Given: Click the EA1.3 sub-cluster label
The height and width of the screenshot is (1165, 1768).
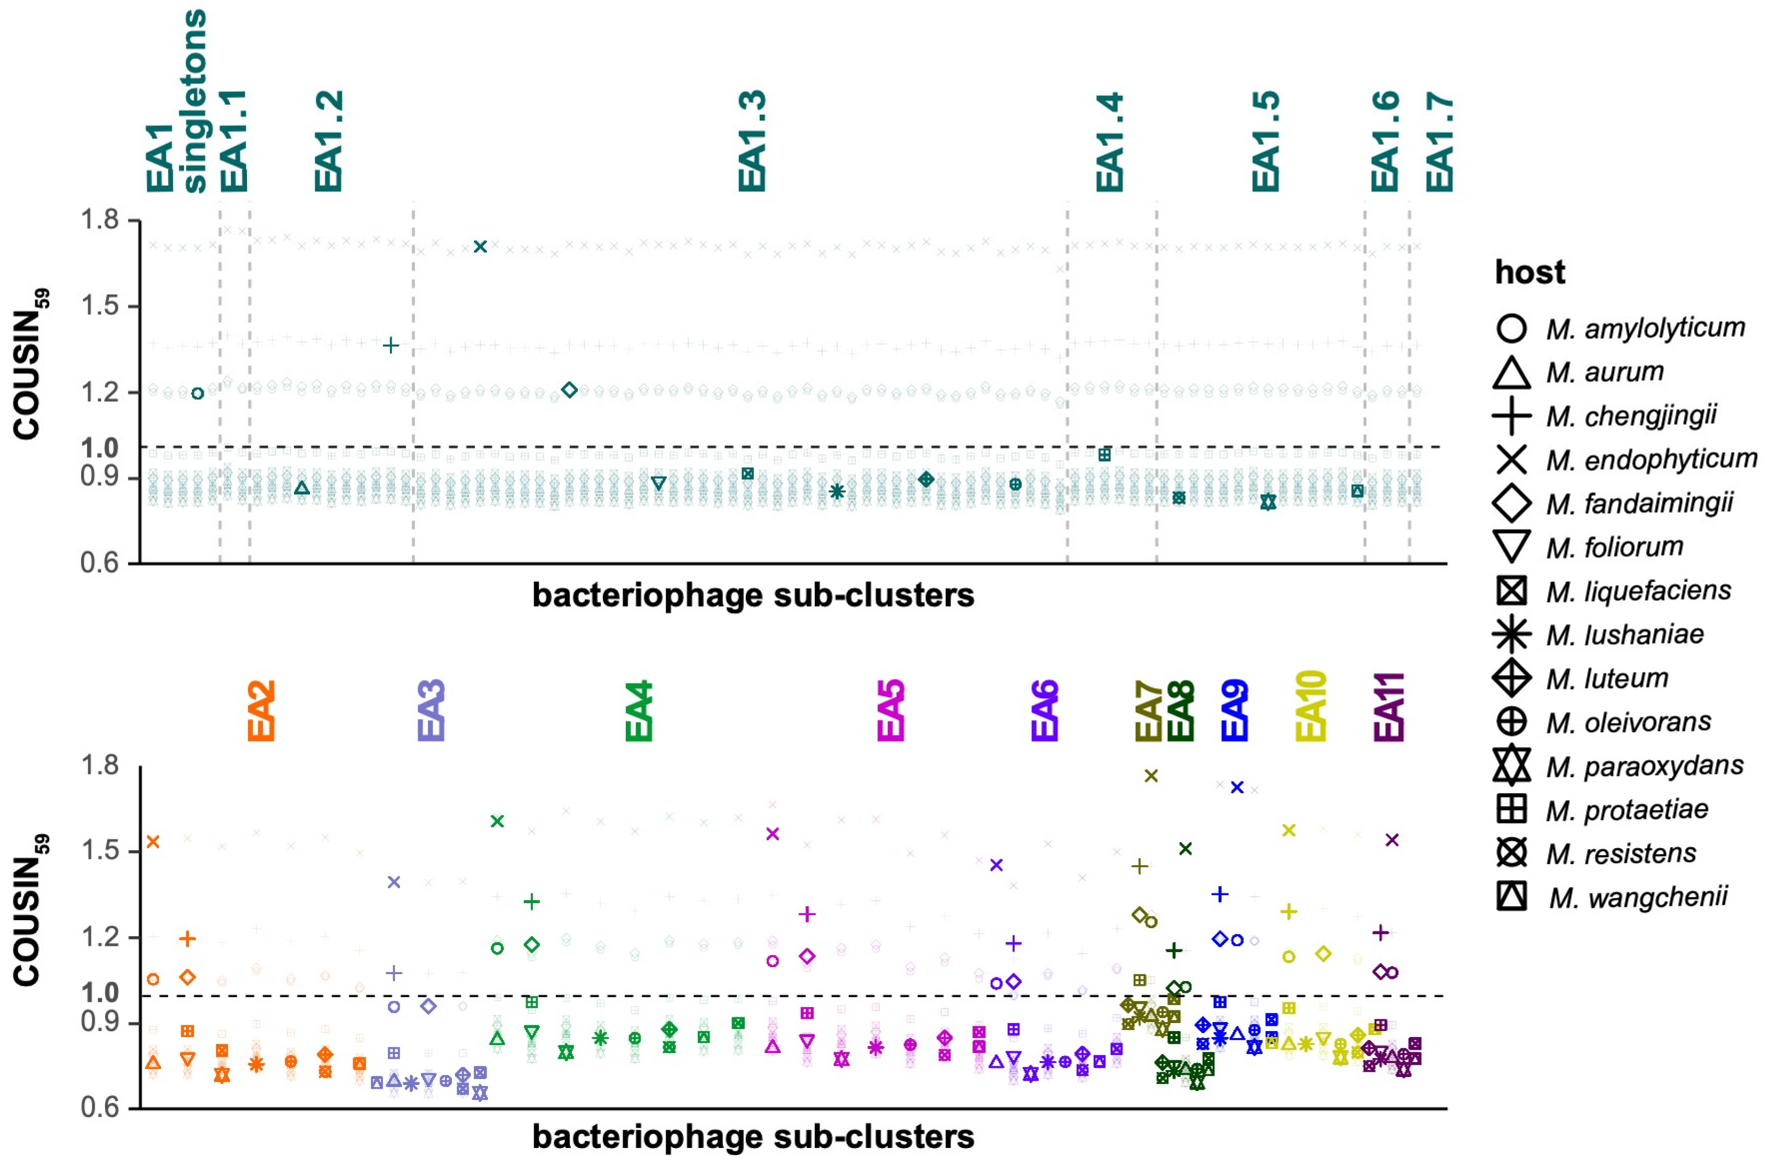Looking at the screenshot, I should [x=752, y=141].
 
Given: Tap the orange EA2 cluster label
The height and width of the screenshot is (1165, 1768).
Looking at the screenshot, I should [x=261, y=711].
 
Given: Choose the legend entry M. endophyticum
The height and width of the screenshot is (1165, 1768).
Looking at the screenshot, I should [x=1651, y=459].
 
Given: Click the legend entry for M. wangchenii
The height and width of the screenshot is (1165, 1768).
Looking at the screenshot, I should [x=1637, y=897].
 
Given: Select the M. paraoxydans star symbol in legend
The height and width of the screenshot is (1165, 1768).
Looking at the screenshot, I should [x=1511, y=765].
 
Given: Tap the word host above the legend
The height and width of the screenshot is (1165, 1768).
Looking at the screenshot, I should [x=1530, y=272].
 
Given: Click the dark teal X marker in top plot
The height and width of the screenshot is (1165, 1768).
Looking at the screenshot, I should [x=480, y=246].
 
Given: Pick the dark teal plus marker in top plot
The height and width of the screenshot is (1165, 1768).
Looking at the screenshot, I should [x=391, y=346].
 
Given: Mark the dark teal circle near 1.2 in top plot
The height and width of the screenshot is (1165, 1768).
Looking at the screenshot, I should [x=197, y=393].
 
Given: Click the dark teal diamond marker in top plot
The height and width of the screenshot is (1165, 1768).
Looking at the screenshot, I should [x=569, y=390].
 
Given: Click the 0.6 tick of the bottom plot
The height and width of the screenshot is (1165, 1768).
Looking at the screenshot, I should [x=100, y=1108].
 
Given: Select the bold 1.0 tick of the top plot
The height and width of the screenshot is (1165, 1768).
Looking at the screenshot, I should [x=100, y=448].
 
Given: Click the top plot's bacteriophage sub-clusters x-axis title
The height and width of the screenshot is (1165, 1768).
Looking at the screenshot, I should [x=753, y=595].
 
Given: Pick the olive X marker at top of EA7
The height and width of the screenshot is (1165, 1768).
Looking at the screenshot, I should [x=1151, y=776].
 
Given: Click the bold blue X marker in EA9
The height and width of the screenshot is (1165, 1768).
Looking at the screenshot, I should [x=1237, y=787].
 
